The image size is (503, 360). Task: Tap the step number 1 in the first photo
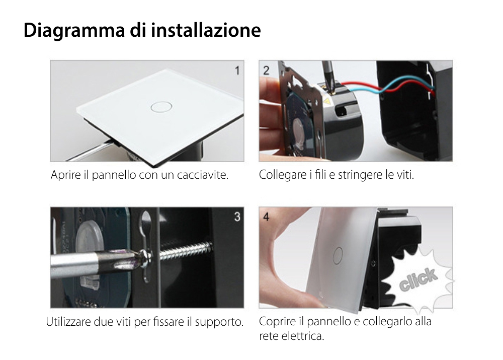tap(237, 70)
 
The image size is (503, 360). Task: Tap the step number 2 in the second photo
tap(266, 70)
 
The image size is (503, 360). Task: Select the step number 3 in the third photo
tap(237, 217)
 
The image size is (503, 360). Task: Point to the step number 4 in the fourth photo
tap(266, 217)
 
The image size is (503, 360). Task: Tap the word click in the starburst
tap(418, 280)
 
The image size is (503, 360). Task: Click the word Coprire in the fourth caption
tap(276, 322)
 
